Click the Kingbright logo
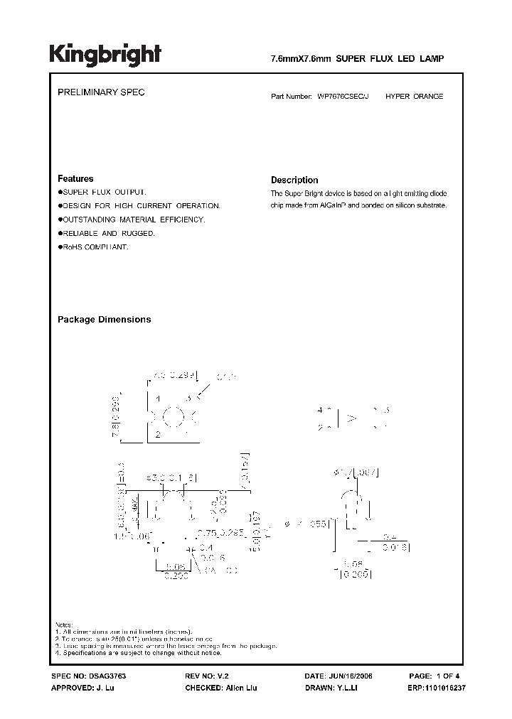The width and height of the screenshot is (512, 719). (105, 55)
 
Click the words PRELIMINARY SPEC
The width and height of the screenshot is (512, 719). (101, 93)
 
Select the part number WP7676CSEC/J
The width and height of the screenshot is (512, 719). (344, 96)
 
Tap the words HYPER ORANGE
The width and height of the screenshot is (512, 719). (415, 96)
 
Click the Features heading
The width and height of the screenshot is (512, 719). (75, 179)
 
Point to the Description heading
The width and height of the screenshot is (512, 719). (294, 180)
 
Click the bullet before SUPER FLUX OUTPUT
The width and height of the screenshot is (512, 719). (60, 193)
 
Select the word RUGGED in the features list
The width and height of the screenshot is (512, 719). (138, 233)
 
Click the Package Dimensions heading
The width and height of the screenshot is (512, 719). (104, 320)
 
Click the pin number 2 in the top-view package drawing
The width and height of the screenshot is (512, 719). (156, 433)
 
